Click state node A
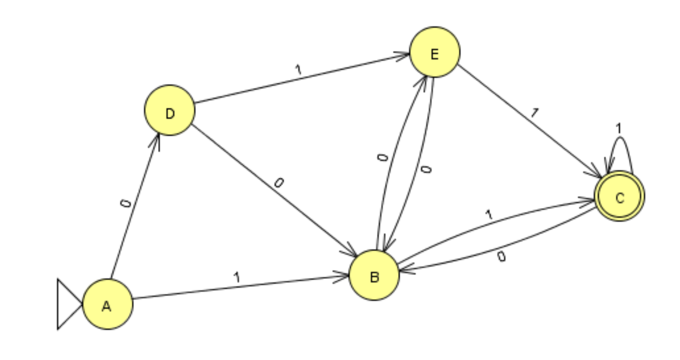(x=108, y=305)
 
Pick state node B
(x=374, y=276)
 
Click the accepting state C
(x=619, y=197)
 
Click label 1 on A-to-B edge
(x=236, y=277)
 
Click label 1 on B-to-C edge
(x=489, y=215)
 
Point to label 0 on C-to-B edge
(x=501, y=257)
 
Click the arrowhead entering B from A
(x=345, y=276)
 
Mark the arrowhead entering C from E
(x=598, y=175)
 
